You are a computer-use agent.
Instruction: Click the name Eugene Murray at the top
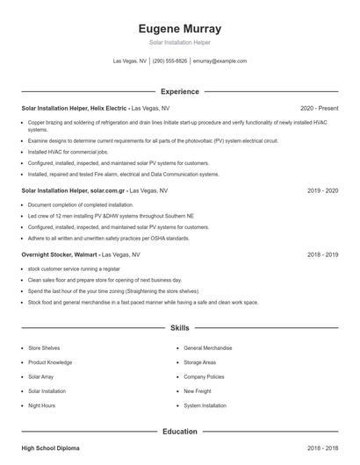coord(179,28)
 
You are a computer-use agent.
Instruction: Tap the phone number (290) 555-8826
coord(170,61)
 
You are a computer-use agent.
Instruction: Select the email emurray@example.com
coord(220,61)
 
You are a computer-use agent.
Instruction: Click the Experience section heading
coord(179,91)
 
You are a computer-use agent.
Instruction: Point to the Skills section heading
coord(179,328)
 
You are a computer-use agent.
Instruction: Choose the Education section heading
coord(179,432)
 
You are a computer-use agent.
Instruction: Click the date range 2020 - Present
coord(319,108)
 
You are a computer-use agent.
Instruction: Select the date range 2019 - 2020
coord(322,190)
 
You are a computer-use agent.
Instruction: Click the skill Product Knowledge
coord(50,362)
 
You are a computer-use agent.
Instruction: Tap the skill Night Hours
coord(42,405)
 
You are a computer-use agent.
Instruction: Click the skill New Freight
coord(198,391)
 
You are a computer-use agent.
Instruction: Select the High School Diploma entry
coord(50,448)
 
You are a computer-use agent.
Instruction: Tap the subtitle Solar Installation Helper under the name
coord(179,42)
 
